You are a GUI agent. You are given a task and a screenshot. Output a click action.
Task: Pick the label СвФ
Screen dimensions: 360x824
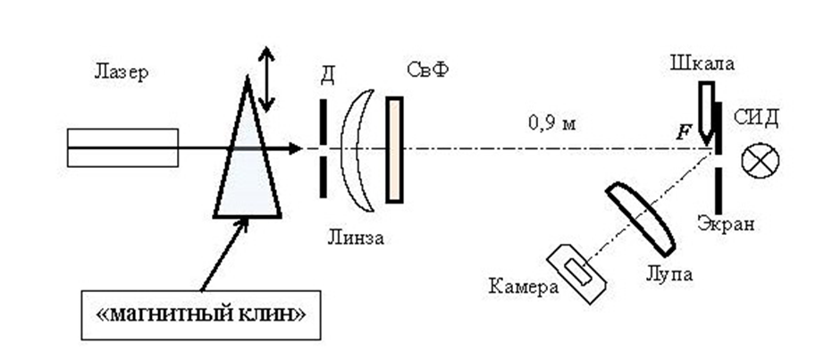click(425, 71)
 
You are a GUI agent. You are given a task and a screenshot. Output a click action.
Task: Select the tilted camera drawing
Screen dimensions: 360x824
click(578, 272)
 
